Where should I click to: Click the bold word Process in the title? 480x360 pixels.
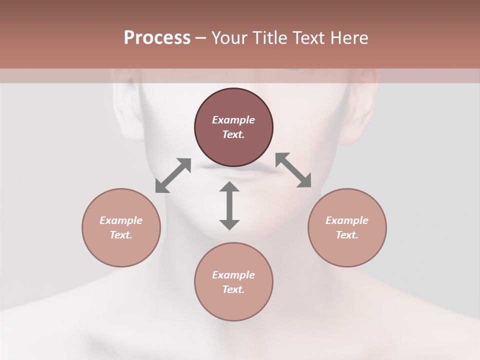click(157, 38)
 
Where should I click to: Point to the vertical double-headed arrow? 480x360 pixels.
click(229, 205)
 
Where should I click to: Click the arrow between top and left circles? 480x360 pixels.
click(173, 175)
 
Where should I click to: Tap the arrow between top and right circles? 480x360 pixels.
click(293, 170)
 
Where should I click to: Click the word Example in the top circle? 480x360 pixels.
click(233, 120)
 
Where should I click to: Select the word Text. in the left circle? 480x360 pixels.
click(121, 235)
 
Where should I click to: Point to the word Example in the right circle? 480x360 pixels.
click(347, 220)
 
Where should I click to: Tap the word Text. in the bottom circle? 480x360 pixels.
click(233, 289)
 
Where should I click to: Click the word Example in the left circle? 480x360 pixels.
click(121, 220)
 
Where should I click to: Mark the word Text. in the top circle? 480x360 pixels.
click(233, 134)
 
